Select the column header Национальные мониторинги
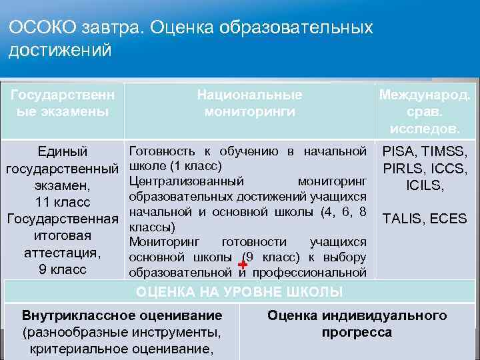click(249, 103)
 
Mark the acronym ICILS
click(424, 185)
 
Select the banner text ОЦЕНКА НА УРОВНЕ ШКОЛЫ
click(239, 292)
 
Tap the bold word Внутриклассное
click(74, 315)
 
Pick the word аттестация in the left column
click(62, 253)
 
